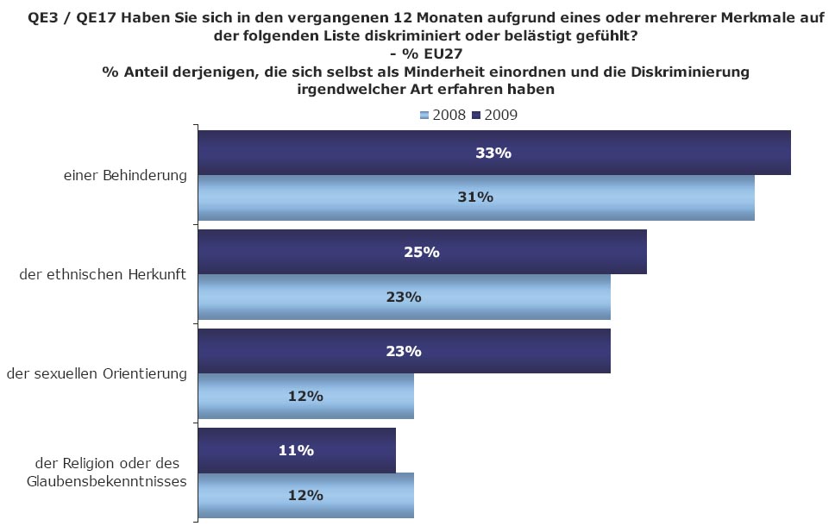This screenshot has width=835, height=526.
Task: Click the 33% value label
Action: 493,153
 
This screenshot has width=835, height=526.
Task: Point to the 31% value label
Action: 475,197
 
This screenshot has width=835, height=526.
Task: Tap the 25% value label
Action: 422,252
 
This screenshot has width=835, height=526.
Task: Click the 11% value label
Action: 296,450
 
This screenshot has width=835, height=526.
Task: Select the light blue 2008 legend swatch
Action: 424,115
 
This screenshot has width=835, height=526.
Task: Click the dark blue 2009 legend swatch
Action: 477,115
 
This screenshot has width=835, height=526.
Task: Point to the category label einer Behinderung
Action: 125,175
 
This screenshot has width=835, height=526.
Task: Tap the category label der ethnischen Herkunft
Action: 104,274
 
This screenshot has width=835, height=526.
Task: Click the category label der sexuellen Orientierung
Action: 97,373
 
